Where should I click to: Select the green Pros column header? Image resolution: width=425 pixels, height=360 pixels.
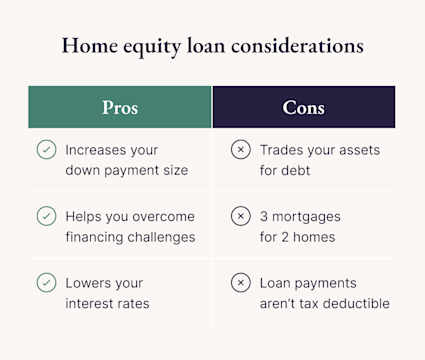120,107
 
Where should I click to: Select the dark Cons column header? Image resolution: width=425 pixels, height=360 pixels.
304,107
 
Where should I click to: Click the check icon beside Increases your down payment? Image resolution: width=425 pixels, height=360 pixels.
46,150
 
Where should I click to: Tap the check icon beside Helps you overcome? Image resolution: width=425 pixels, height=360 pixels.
46,216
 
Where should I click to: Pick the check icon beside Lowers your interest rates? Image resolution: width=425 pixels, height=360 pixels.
46,283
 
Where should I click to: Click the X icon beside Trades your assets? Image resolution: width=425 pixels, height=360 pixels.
240,150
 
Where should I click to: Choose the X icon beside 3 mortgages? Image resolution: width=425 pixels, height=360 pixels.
240,216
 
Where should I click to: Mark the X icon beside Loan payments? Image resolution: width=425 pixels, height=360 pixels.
240,283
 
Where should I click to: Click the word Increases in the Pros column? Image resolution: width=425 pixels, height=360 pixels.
98,150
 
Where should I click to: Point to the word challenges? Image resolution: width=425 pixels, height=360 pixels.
160,237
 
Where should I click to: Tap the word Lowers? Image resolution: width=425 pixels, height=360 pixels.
90,283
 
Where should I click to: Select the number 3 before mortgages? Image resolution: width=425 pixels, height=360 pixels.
264,216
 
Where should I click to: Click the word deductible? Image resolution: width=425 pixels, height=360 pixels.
354,304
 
